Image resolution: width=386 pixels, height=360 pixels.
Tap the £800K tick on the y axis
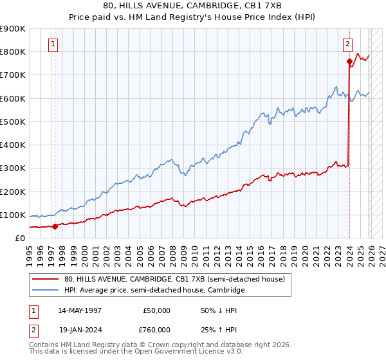13,51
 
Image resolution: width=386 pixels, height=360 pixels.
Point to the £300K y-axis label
13,168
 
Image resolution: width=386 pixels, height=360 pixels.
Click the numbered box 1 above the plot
52,44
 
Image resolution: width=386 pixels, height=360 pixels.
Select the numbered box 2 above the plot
347,44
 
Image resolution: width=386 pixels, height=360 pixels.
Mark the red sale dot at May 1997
55,226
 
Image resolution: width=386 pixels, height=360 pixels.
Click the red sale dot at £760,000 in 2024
349,62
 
